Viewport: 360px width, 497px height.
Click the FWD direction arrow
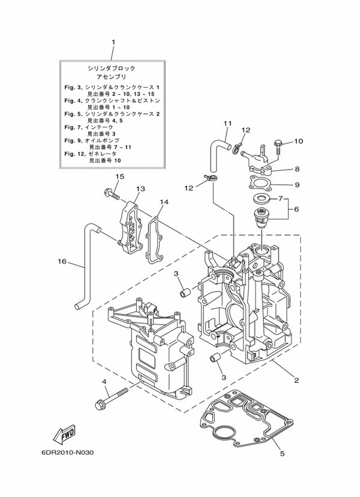click(x=64, y=434)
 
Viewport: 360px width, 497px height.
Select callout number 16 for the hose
click(x=62, y=261)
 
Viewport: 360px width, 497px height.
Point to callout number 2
click(x=296, y=380)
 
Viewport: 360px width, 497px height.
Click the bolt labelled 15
click(x=111, y=194)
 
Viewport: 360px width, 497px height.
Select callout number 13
click(x=140, y=189)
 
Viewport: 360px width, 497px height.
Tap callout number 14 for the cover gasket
click(x=164, y=202)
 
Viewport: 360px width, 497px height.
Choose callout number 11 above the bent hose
click(x=227, y=124)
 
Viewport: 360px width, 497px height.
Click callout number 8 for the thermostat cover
click(x=297, y=169)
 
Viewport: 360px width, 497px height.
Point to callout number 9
click(x=297, y=185)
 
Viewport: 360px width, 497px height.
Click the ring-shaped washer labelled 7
click(x=262, y=200)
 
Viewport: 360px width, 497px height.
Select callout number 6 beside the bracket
click(x=296, y=209)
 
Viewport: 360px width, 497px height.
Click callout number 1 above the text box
click(x=113, y=42)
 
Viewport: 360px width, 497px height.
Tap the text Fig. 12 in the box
click(x=73, y=153)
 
